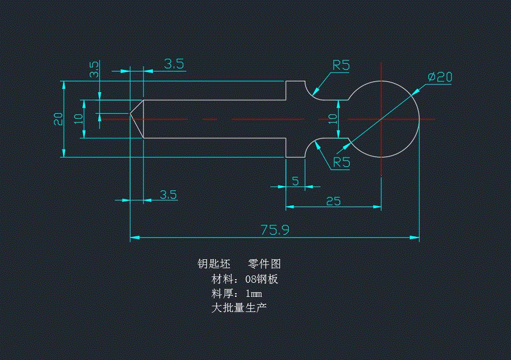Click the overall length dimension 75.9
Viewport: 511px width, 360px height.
click(x=275, y=230)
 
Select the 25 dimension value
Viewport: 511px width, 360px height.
click(x=333, y=201)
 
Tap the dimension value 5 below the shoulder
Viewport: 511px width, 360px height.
click(x=295, y=181)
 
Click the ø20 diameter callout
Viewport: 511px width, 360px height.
click(x=439, y=77)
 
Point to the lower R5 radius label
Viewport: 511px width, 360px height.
click(x=341, y=162)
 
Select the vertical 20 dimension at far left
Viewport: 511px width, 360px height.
click(x=58, y=119)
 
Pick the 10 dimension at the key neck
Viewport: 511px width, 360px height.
click(x=332, y=119)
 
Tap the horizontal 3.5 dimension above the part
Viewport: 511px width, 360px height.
click(x=174, y=64)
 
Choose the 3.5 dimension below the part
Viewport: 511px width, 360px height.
click(x=168, y=195)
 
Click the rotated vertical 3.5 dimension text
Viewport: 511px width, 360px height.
click(x=94, y=70)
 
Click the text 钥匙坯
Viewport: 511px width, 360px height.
click(x=213, y=264)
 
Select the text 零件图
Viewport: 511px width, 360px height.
click(x=264, y=264)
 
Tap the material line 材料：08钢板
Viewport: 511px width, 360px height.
click(x=244, y=279)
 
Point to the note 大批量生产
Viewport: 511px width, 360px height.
click(x=239, y=308)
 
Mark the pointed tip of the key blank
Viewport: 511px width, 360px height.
click(x=130, y=113)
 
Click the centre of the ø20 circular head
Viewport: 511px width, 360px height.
click(x=382, y=119)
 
